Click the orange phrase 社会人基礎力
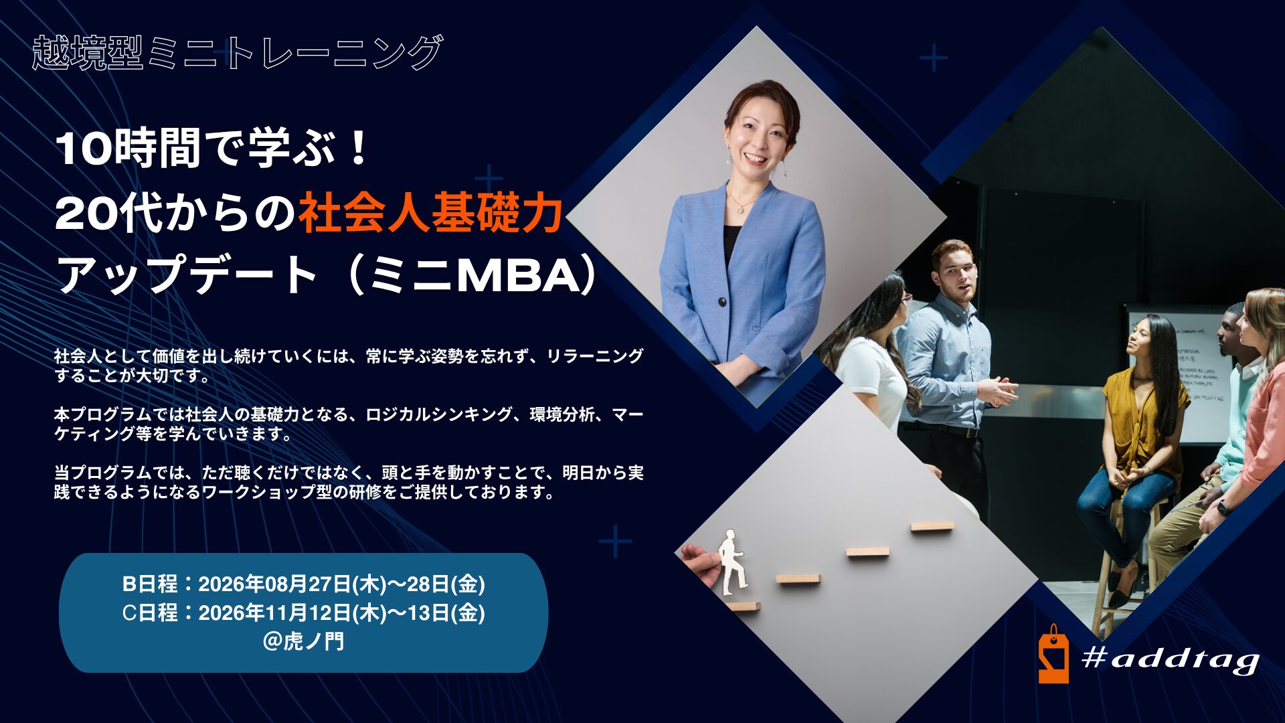click(430, 213)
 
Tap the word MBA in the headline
click(515, 276)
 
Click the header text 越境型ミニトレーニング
click(238, 52)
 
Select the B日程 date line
click(303, 584)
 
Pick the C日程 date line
click(303, 613)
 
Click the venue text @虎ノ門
click(303, 641)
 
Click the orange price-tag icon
click(1053, 656)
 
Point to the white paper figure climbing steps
click(732, 562)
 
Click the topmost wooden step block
click(932, 527)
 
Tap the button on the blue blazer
click(722, 302)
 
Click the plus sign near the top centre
click(934, 58)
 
